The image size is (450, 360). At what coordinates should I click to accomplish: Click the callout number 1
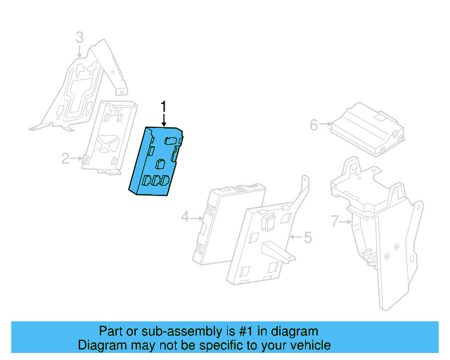tap(164, 107)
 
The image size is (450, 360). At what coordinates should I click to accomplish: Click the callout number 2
tap(65, 159)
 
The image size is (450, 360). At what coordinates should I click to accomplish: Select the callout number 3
tap(79, 37)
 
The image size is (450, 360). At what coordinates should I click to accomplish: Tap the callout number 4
tap(186, 218)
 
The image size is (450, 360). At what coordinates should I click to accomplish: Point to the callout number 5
tap(307, 238)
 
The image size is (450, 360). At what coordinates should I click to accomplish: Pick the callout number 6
tap(314, 125)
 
